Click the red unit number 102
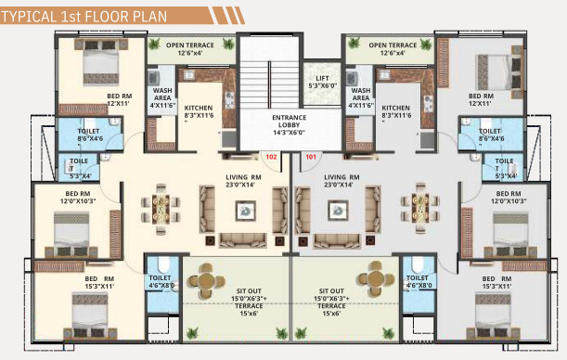pyautogui.click(x=271, y=157)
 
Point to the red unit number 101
pyautogui.click(x=310, y=157)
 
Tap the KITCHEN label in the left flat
pyautogui.click(x=198, y=112)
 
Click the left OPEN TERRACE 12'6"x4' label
pyautogui.click(x=189, y=48)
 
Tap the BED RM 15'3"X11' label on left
pyautogui.click(x=99, y=283)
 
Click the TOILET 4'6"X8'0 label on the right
pyautogui.click(x=418, y=281)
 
